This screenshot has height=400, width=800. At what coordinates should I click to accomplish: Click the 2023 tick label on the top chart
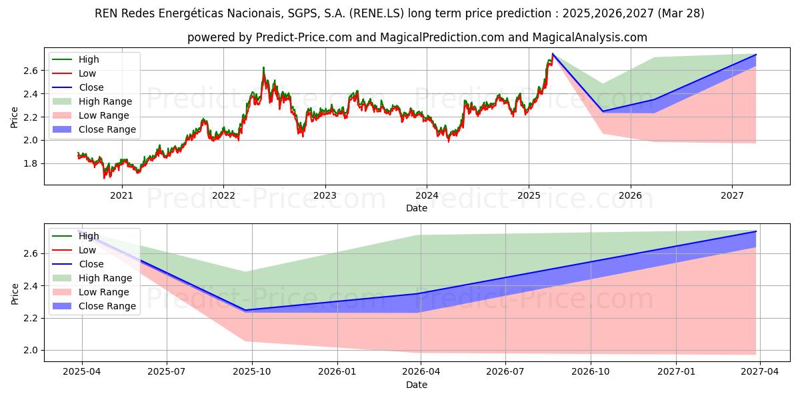coord(325,195)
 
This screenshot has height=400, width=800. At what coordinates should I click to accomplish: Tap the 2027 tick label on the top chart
coord(732,195)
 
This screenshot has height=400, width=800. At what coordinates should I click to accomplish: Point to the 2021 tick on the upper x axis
coord(121,195)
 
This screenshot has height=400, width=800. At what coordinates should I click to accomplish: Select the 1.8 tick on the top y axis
coord(30,163)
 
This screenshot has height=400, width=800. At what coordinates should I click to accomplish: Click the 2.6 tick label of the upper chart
coord(30,71)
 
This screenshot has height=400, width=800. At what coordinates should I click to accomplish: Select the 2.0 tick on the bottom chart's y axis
coord(30,350)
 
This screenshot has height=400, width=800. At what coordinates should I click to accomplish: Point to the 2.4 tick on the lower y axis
coord(30,286)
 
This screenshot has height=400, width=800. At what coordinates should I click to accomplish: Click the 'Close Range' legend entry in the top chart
coord(107,129)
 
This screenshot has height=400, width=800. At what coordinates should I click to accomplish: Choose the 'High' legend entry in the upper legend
coord(89,59)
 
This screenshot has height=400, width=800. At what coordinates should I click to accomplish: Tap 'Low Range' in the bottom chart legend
coord(105,292)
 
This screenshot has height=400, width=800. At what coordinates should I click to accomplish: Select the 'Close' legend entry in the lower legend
coord(91,264)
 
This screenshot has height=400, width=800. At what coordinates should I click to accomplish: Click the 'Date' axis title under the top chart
coord(417,208)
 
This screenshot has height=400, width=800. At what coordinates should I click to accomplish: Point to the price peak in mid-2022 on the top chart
coord(263,67)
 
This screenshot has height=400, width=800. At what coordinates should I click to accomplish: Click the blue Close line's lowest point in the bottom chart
coord(244,310)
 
